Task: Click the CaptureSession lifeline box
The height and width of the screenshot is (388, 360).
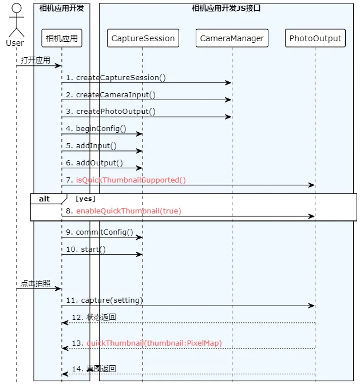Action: (x=143, y=38)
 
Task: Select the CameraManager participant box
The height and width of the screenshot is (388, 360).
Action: (x=232, y=38)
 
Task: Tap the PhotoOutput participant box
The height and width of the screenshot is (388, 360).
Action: (x=315, y=38)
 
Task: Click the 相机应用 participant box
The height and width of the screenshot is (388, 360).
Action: (x=62, y=38)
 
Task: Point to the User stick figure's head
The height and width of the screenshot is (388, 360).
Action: (x=17, y=7)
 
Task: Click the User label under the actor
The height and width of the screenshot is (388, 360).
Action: (x=15, y=43)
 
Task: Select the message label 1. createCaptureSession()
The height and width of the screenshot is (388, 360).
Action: (x=116, y=78)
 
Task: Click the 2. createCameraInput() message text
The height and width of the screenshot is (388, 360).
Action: (x=110, y=95)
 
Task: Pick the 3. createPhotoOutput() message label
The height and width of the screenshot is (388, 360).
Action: (x=110, y=112)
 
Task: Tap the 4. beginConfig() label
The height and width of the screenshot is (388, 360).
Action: (x=96, y=129)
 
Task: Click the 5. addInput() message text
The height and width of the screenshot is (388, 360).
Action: (x=91, y=146)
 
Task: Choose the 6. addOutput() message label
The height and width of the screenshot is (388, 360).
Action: (x=94, y=163)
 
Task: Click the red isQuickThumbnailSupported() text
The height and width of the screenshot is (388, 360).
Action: (x=130, y=180)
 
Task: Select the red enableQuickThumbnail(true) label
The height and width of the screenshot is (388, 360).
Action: (x=129, y=211)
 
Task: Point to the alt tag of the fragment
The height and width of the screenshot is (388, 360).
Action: (x=44, y=199)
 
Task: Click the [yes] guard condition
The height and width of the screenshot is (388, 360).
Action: (x=85, y=199)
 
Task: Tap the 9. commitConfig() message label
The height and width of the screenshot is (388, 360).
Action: (x=100, y=232)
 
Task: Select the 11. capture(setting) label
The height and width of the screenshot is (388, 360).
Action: (x=104, y=300)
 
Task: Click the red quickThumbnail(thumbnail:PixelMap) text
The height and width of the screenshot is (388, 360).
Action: (x=154, y=343)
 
